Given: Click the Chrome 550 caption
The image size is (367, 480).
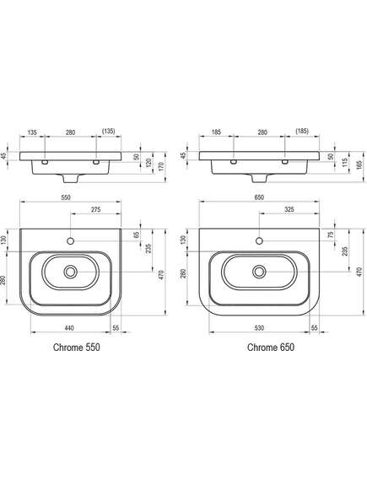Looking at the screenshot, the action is tap(77, 348).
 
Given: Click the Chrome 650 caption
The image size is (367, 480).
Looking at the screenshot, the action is tap(271, 348).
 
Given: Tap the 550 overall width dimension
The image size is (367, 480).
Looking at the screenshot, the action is tap(66, 197).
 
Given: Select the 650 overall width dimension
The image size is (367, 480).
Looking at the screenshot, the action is tap(259, 197).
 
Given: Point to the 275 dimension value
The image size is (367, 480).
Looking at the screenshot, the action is tap(96, 210).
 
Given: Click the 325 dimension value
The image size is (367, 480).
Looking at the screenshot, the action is tap(289, 210).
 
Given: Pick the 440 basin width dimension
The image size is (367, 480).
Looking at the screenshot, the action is tap(69, 328).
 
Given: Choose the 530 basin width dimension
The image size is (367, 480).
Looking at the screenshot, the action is tap(259, 328).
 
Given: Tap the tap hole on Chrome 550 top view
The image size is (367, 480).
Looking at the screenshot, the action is tap(70, 241).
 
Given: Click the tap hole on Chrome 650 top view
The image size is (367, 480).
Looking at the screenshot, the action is tap(259, 241).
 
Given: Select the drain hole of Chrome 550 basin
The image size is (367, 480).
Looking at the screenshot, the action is tap(70, 272).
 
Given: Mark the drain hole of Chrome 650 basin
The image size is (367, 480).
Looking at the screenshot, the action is tap(259, 272).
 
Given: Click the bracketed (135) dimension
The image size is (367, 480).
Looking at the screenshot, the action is tap(108, 132).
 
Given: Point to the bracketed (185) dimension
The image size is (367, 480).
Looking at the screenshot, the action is tap(302, 132).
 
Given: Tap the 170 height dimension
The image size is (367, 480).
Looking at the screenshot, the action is tap(161, 166).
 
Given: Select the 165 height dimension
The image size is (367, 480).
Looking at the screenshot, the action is tap(359, 164).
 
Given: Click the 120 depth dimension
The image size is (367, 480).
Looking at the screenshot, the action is tap(148, 163).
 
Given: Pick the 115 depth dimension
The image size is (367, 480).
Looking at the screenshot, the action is tap(344, 163).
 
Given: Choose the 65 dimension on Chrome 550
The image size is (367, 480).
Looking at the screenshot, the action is tap(137, 235).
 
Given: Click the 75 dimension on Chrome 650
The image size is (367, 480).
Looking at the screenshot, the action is tap(330, 235).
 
